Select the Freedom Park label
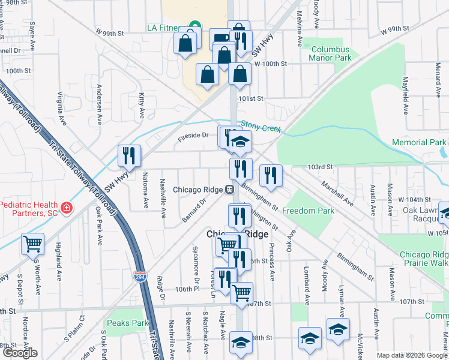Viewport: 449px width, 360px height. pos(308,211)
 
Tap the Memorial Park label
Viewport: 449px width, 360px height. pos(418,142)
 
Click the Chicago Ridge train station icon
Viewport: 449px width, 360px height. pos(229,190)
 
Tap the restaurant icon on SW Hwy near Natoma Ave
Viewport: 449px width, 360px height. pos(129,156)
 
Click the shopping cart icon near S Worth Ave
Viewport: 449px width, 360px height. pos(32,244)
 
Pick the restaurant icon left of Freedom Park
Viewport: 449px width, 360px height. pos(271,175)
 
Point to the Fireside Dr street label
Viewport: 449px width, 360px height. pos(192,136)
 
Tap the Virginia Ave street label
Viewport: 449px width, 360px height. pos(60,103)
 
